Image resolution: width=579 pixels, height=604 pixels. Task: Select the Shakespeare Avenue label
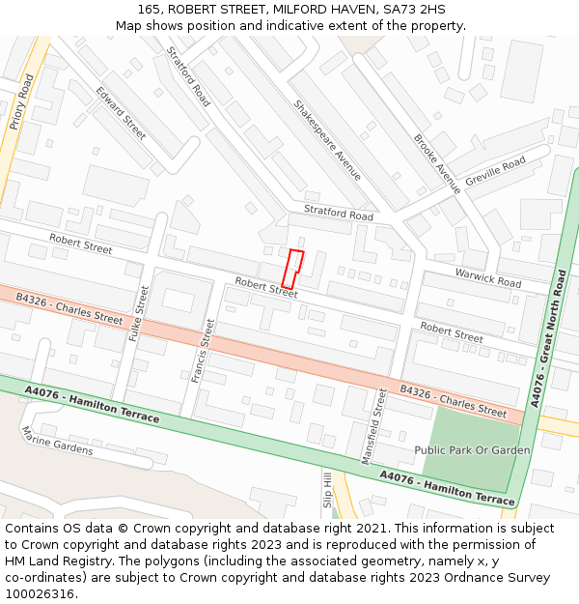click(x=327, y=140)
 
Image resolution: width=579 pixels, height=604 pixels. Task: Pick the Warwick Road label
click(x=487, y=276)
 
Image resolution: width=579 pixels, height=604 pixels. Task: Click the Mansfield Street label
click(x=372, y=427)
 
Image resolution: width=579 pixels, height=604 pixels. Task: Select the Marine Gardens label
click(x=57, y=441)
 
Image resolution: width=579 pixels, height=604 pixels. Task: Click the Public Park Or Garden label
click(x=472, y=450)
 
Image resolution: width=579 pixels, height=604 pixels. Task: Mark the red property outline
click(x=292, y=268)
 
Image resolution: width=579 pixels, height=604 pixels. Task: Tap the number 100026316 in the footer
click(x=41, y=593)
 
